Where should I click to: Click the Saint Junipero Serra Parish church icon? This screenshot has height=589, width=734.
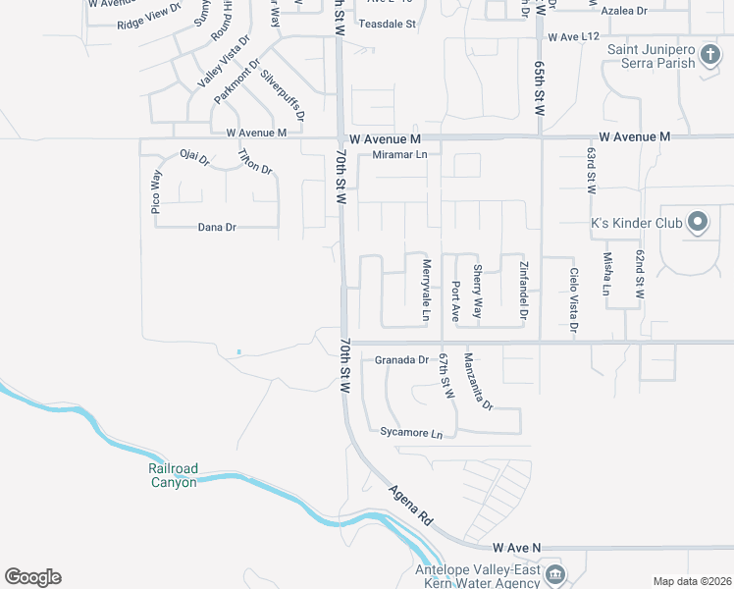[x=710, y=62]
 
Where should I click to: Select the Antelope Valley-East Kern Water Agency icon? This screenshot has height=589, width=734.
[x=554, y=573]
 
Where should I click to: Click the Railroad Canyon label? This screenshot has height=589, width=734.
[x=173, y=475]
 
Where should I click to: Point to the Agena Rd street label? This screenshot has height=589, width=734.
[x=410, y=505]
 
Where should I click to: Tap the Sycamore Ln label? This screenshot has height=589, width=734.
[x=411, y=433]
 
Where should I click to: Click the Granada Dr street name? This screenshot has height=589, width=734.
[x=401, y=360]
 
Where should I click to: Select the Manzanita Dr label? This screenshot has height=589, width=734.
[x=478, y=381]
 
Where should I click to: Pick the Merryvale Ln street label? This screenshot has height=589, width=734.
[x=427, y=290]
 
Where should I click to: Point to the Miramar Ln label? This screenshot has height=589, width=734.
[x=400, y=155]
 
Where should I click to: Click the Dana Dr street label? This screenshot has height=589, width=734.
[x=217, y=227]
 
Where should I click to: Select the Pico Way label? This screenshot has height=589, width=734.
[x=155, y=192]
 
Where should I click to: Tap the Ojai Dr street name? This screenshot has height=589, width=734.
[x=194, y=156]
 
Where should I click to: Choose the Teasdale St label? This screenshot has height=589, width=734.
[x=388, y=23]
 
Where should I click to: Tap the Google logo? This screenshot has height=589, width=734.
[x=32, y=577]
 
